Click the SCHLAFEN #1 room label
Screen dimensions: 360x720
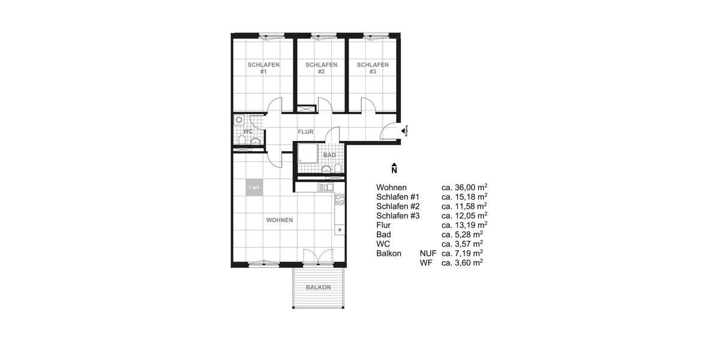click(x=263, y=68)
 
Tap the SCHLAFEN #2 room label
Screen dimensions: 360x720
click(x=321, y=68)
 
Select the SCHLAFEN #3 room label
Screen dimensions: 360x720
click(x=373, y=68)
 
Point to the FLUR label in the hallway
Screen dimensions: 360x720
click(x=306, y=131)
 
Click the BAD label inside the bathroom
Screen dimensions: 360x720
click(x=329, y=155)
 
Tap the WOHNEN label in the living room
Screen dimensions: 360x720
click(x=280, y=220)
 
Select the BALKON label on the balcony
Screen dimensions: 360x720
click(x=318, y=287)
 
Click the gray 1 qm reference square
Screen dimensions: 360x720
click(x=254, y=188)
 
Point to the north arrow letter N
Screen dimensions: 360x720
click(x=394, y=170)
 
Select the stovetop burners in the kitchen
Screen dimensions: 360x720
click(x=340, y=198)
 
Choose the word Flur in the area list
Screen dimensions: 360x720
click(x=384, y=225)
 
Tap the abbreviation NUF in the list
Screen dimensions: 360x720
click(x=428, y=253)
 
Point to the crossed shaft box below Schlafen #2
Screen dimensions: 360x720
click(x=305, y=109)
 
